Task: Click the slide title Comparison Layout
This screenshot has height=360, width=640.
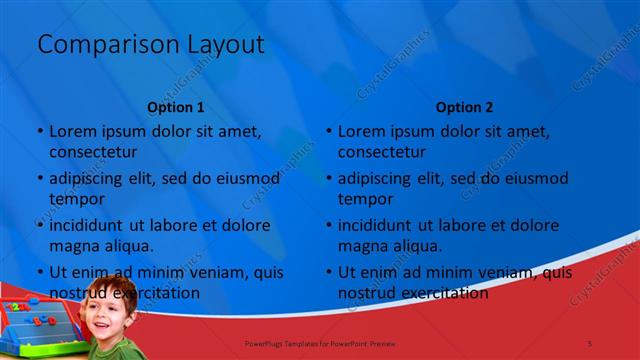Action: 150,45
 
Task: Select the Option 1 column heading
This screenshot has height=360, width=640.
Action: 176,107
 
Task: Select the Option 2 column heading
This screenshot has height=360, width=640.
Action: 464,107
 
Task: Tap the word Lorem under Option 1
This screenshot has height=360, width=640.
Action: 72,131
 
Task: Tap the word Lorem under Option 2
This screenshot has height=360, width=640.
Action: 361,131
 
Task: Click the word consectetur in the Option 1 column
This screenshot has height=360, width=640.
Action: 93,152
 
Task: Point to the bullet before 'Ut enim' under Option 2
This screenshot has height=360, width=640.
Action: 329,272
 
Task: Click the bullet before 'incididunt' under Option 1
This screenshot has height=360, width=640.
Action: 40,225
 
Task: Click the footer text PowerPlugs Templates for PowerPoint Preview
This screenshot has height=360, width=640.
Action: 320,343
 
